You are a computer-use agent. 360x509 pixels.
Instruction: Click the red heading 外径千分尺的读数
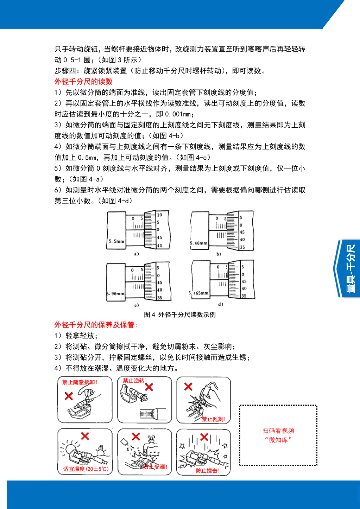83,82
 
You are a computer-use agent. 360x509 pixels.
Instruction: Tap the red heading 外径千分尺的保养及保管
95,325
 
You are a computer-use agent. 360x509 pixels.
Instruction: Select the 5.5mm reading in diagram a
116,241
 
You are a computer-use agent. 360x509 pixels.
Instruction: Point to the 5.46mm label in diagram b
199,243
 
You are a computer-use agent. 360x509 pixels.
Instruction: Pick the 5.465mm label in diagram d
199,293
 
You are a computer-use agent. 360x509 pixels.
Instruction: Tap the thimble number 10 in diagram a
159,215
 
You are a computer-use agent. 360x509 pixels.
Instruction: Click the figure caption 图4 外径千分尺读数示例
180,314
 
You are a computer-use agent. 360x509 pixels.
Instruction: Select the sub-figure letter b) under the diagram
219,254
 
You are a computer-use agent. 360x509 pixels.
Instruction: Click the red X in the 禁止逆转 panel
149,387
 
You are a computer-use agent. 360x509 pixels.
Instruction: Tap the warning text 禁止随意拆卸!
80,382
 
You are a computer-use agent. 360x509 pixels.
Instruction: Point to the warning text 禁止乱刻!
214,419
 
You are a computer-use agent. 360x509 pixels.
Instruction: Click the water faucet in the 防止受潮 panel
152,439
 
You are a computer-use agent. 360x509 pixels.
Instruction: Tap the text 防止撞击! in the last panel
208,471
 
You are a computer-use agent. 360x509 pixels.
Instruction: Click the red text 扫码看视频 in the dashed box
278,431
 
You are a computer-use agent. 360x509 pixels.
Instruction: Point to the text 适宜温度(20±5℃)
86,469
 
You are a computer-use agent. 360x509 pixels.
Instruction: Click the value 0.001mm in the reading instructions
178,114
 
